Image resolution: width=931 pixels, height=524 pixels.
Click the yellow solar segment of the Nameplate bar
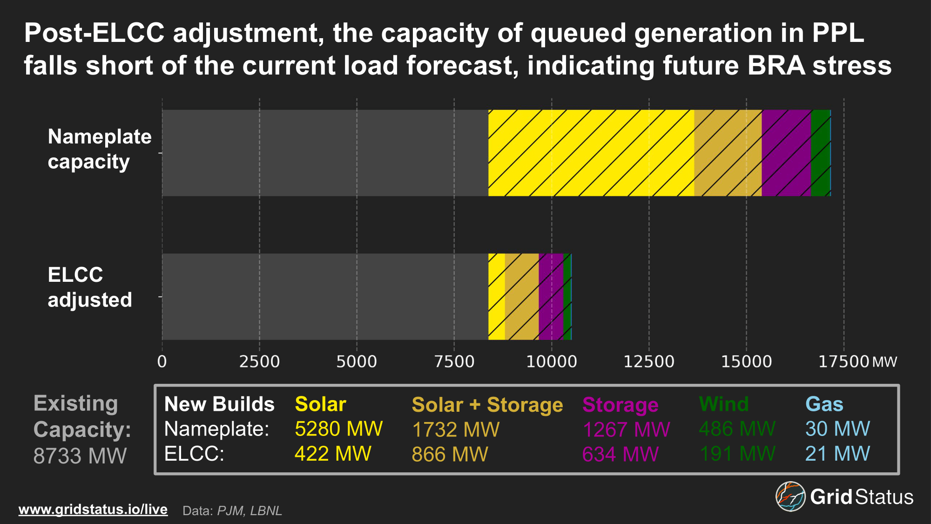tap(591, 153)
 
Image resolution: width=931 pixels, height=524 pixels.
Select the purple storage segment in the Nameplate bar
tap(786, 153)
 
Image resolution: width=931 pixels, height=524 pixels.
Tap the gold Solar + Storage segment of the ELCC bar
tap(521, 297)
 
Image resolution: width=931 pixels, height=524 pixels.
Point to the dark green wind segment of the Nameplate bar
tap(820, 153)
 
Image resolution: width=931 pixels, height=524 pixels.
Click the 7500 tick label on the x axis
tap(454, 362)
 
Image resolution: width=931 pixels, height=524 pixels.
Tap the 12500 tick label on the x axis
tap(648, 362)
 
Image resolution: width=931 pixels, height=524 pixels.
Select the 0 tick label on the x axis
tap(162, 362)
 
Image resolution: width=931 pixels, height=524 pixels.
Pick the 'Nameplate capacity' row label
tap(100, 149)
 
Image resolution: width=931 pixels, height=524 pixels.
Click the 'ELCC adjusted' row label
tap(90, 287)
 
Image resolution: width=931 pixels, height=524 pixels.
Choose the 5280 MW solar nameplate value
tap(338, 429)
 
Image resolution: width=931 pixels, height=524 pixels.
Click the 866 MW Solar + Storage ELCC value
tap(450, 454)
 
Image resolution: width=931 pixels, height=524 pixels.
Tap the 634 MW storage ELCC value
tap(620, 454)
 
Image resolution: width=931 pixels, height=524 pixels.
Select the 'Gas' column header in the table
tap(824, 404)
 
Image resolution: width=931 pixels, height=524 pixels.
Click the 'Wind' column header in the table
tap(724, 404)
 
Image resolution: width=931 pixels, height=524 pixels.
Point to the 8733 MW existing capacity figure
tap(80, 456)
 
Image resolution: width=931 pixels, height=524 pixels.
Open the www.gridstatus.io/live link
tap(93, 510)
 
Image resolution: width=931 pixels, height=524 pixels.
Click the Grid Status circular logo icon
tap(790, 497)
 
